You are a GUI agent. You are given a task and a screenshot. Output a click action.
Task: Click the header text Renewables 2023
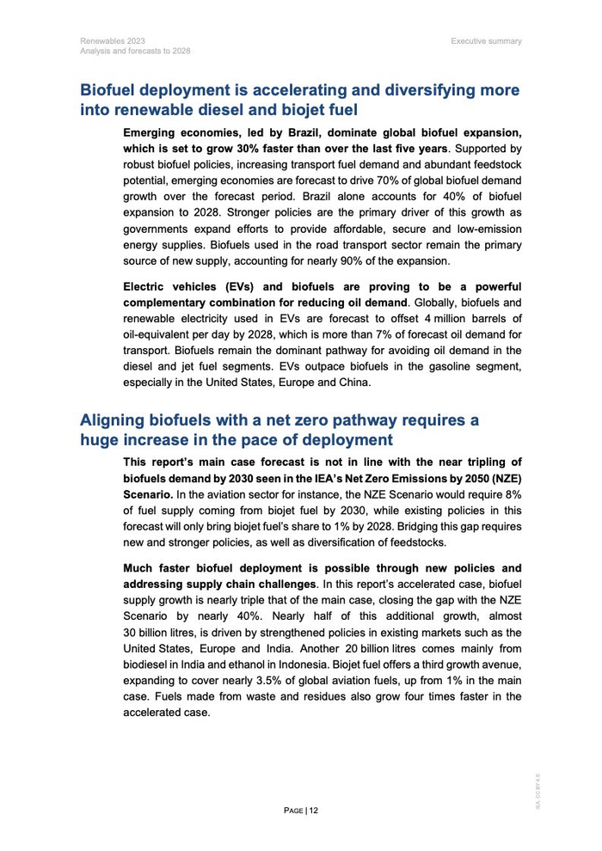tap(113, 40)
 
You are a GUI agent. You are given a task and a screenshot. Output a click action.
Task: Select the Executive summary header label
tap(486, 40)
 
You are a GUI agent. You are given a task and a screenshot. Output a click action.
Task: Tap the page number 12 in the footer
tap(314, 810)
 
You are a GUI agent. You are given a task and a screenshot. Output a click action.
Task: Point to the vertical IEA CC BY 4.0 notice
tap(537, 791)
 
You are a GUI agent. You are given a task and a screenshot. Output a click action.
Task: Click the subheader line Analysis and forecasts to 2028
tap(135, 51)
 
